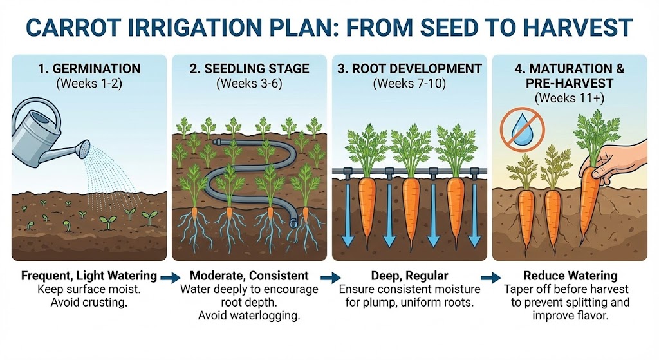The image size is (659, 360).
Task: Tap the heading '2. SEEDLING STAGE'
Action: [249, 68]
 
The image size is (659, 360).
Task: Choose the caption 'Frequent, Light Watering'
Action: [89, 276]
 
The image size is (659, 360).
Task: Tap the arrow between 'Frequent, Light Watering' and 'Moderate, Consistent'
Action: [171, 278]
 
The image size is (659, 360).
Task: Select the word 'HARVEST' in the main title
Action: [573, 29]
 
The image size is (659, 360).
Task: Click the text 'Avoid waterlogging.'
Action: [250, 316]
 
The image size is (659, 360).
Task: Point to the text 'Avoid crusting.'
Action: [89, 303]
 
